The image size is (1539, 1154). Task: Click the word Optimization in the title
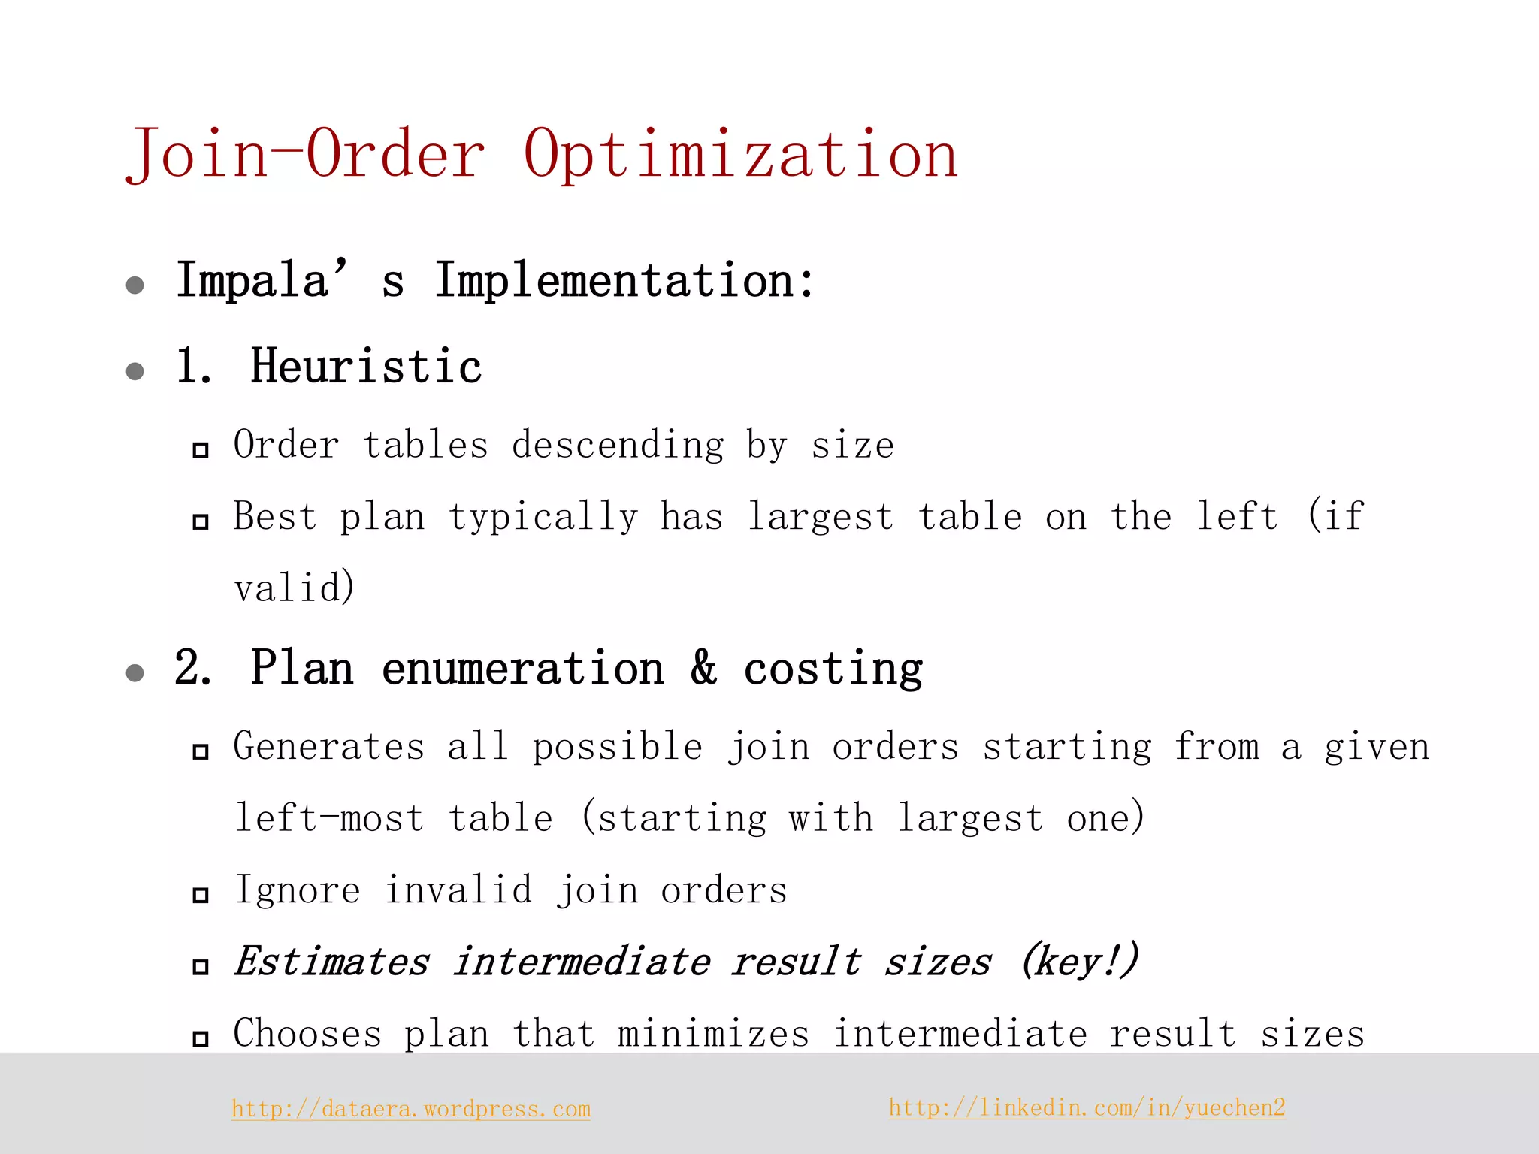coord(740,155)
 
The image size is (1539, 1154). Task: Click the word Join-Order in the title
coord(306,155)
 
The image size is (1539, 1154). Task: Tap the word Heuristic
coord(366,367)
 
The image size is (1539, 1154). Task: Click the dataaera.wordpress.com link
coord(411,1109)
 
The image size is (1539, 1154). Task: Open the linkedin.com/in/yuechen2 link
coord(1087,1107)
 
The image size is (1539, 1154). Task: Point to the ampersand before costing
coord(704,668)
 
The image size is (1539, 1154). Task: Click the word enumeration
coord(523,669)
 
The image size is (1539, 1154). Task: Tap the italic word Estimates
coord(332,962)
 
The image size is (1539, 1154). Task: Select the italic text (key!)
coord(1080,962)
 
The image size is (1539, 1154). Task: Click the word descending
coord(618,445)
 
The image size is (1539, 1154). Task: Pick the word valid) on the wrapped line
coord(294,588)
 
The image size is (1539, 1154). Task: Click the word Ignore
coord(298,891)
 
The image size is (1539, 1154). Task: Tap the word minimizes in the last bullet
coord(713,1034)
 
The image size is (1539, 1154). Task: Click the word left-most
coord(329,818)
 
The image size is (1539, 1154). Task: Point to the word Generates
coord(329,747)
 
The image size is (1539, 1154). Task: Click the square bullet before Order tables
coord(200,450)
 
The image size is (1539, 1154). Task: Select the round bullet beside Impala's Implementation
coord(135,285)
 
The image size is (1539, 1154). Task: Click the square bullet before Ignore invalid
coord(200,895)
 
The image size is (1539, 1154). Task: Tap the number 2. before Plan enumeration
coord(193,668)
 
